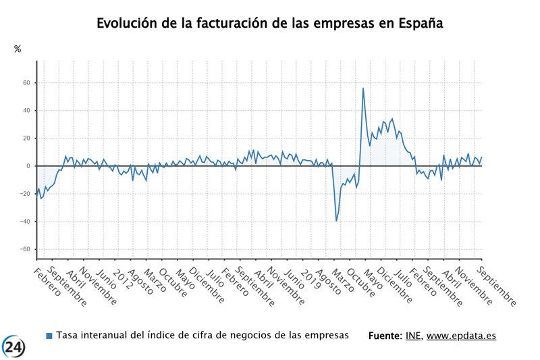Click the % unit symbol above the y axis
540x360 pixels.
(18, 49)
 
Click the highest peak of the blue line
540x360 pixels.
(363, 88)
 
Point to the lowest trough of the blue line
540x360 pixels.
(337, 221)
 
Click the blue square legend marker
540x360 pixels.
(49, 336)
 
